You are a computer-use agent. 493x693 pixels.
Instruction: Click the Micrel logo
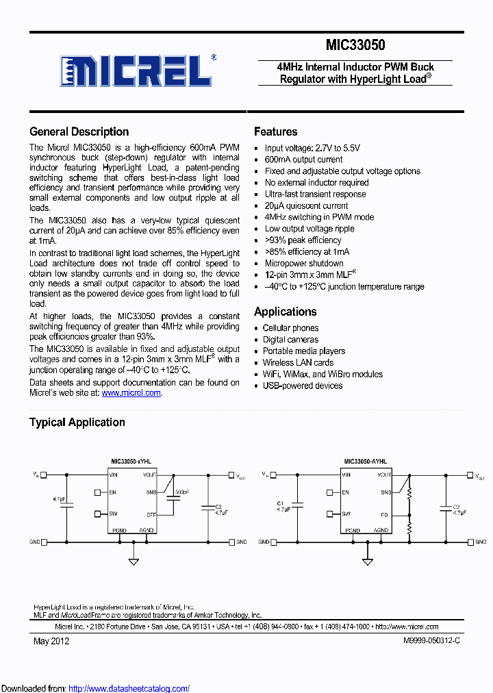[138, 69]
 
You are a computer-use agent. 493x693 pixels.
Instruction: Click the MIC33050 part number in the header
[355, 45]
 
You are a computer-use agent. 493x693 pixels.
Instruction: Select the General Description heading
[79, 132]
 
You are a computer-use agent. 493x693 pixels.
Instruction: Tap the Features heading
[275, 131]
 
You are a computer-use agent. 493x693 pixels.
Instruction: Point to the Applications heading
[285, 312]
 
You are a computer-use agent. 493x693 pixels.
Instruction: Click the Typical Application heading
[77, 423]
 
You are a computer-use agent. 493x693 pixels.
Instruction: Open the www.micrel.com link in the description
[131, 393]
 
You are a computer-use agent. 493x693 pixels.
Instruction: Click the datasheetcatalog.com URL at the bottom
[129, 688]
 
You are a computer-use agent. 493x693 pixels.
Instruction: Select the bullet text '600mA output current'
[303, 160]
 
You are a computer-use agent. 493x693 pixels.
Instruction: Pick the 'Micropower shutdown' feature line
[304, 264]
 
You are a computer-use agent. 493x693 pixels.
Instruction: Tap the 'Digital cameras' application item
[290, 340]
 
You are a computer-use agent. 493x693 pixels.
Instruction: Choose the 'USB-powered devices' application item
[303, 386]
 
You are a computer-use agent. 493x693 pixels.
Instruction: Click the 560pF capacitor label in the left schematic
[181, 492]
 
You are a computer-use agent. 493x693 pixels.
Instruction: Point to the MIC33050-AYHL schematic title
[365, 462]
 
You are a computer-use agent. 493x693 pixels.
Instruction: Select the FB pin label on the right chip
[385, 514]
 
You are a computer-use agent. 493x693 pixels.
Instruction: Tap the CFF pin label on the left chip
[151, 514]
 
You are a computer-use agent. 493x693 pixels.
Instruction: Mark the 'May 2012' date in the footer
[51, 641]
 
